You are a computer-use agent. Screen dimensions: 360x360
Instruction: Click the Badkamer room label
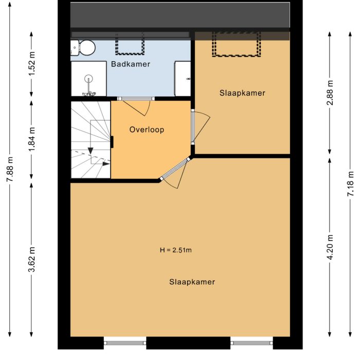tap(131, 64)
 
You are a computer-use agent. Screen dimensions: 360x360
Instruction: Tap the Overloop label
tap(147, 130)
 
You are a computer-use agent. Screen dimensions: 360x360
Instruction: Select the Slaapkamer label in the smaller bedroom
tap(242, 93)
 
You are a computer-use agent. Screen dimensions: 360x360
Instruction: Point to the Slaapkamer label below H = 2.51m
tap(192, 282)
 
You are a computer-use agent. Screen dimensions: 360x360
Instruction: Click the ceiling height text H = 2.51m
tap(176, 250)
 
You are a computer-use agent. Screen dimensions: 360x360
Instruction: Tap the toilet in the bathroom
tap(85, 48)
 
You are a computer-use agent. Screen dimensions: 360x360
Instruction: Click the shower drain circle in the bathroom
tap(89, 79)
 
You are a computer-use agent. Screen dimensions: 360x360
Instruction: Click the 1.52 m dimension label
tap(32, 64)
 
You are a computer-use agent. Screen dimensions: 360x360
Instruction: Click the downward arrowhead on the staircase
tap(91, 150)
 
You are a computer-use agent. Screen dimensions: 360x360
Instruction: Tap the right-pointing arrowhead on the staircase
tap(106, 164)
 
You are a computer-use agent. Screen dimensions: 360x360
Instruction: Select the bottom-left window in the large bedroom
tap(125, 342)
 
